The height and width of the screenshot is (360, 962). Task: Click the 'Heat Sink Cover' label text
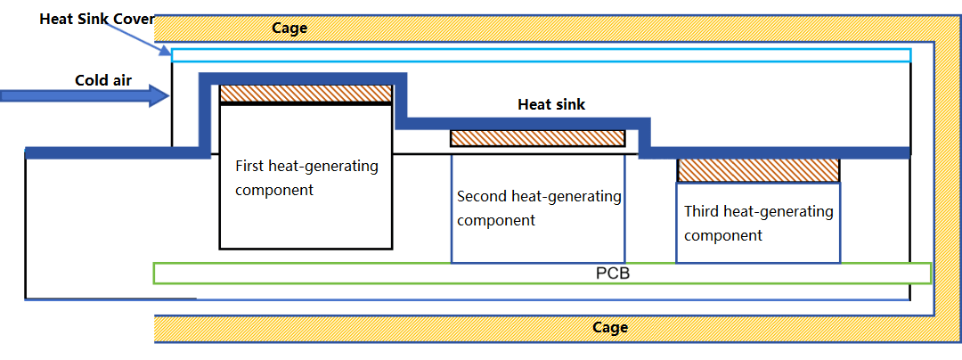tap(97, 20)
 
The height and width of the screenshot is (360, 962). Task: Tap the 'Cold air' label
tap(103, 80)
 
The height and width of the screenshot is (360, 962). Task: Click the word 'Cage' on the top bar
tap(289, 28)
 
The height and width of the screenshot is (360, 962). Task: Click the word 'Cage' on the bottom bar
tap(610, 327)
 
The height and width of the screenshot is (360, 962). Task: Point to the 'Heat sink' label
tap(552, 104)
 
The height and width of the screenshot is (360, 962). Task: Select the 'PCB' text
tap(612, 273)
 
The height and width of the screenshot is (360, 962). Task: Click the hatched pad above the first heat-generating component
tap(306, 93)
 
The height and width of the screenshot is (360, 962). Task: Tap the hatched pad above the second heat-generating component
tap(537, 138)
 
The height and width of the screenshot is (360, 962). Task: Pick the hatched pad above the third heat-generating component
tap(758, 170)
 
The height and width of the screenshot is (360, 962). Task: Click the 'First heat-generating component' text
tap(306, 177)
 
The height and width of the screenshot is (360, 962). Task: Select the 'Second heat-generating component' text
tap(538, 208)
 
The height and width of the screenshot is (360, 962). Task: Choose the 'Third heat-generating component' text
tap(758, 223)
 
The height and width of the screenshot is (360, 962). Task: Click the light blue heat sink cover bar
tap(541, 55)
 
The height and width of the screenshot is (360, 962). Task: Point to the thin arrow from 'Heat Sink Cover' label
tap(138, 38)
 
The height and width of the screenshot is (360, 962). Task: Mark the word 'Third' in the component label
tap(704, 212)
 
